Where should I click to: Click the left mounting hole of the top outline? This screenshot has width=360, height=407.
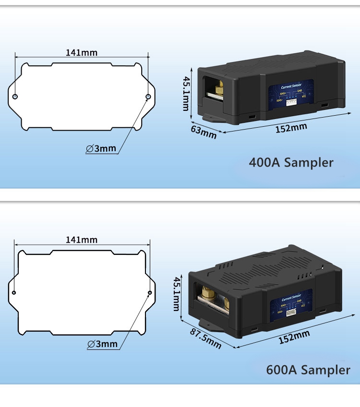coord(15,97)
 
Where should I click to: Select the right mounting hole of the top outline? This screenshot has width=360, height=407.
coord(148,97)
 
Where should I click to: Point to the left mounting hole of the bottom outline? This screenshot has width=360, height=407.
coord(14,293)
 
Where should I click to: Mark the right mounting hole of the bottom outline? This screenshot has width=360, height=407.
coord(150,293)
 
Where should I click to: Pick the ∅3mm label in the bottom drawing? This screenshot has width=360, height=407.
coord(103,344)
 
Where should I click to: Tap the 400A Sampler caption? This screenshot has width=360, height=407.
coord(291,162)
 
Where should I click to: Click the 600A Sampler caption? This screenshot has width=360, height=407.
coord(308,370)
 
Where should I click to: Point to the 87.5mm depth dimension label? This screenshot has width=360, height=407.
coord(205,338)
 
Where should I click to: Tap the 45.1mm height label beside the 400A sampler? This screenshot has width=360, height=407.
coord(186,94)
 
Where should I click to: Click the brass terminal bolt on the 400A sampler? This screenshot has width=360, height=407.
coord(218,88)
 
